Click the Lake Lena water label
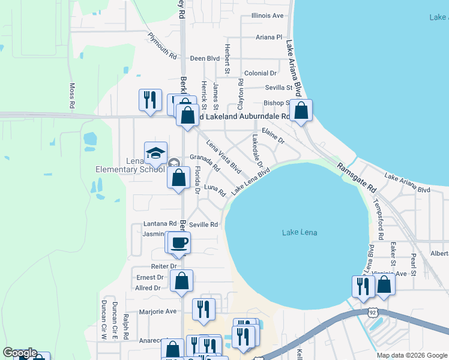point(299,232)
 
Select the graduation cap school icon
point(155,152)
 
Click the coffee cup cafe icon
point(179,242)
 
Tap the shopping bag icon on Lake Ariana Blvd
point(301,110)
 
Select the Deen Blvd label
point(205,59)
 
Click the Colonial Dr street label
point(260,73)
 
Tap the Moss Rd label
point(72,95)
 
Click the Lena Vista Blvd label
point(223,157)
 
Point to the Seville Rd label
point(203,225)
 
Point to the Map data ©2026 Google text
point(411,355)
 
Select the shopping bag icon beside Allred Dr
point(181,281)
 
